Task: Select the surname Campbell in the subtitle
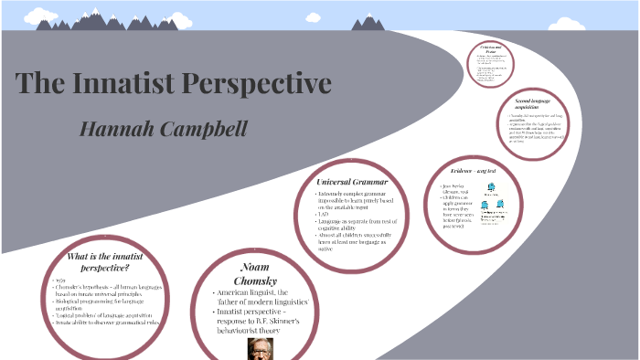point(201,128)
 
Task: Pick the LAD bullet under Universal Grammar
point(325,214)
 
